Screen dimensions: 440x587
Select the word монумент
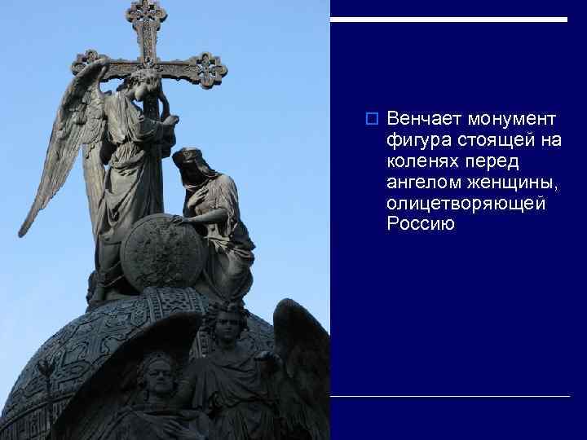[512, 120]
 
